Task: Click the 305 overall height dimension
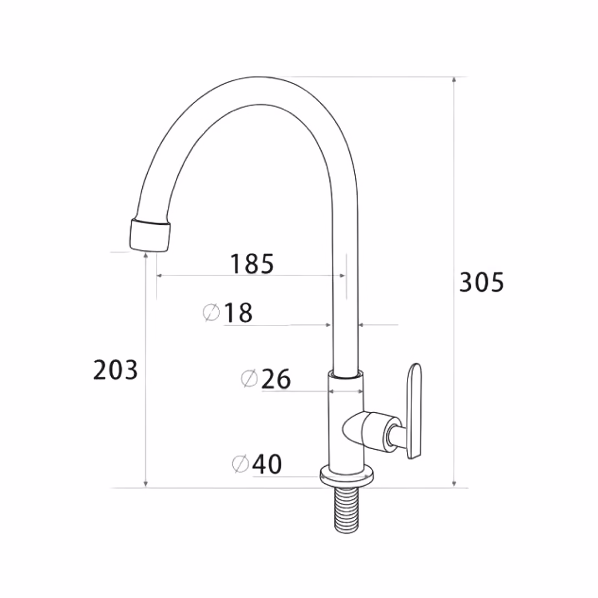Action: click(481, 282)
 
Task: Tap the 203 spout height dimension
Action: click(115, 370)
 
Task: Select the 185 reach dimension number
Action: click(252, 264)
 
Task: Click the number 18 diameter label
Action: click(239, 313)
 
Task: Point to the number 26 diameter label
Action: click(276, 379)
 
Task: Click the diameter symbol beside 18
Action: click(212, 313)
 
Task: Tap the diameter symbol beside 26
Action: click(249, 379)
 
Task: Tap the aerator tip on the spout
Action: click(149, 235)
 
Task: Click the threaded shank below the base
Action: click(347, 512)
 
